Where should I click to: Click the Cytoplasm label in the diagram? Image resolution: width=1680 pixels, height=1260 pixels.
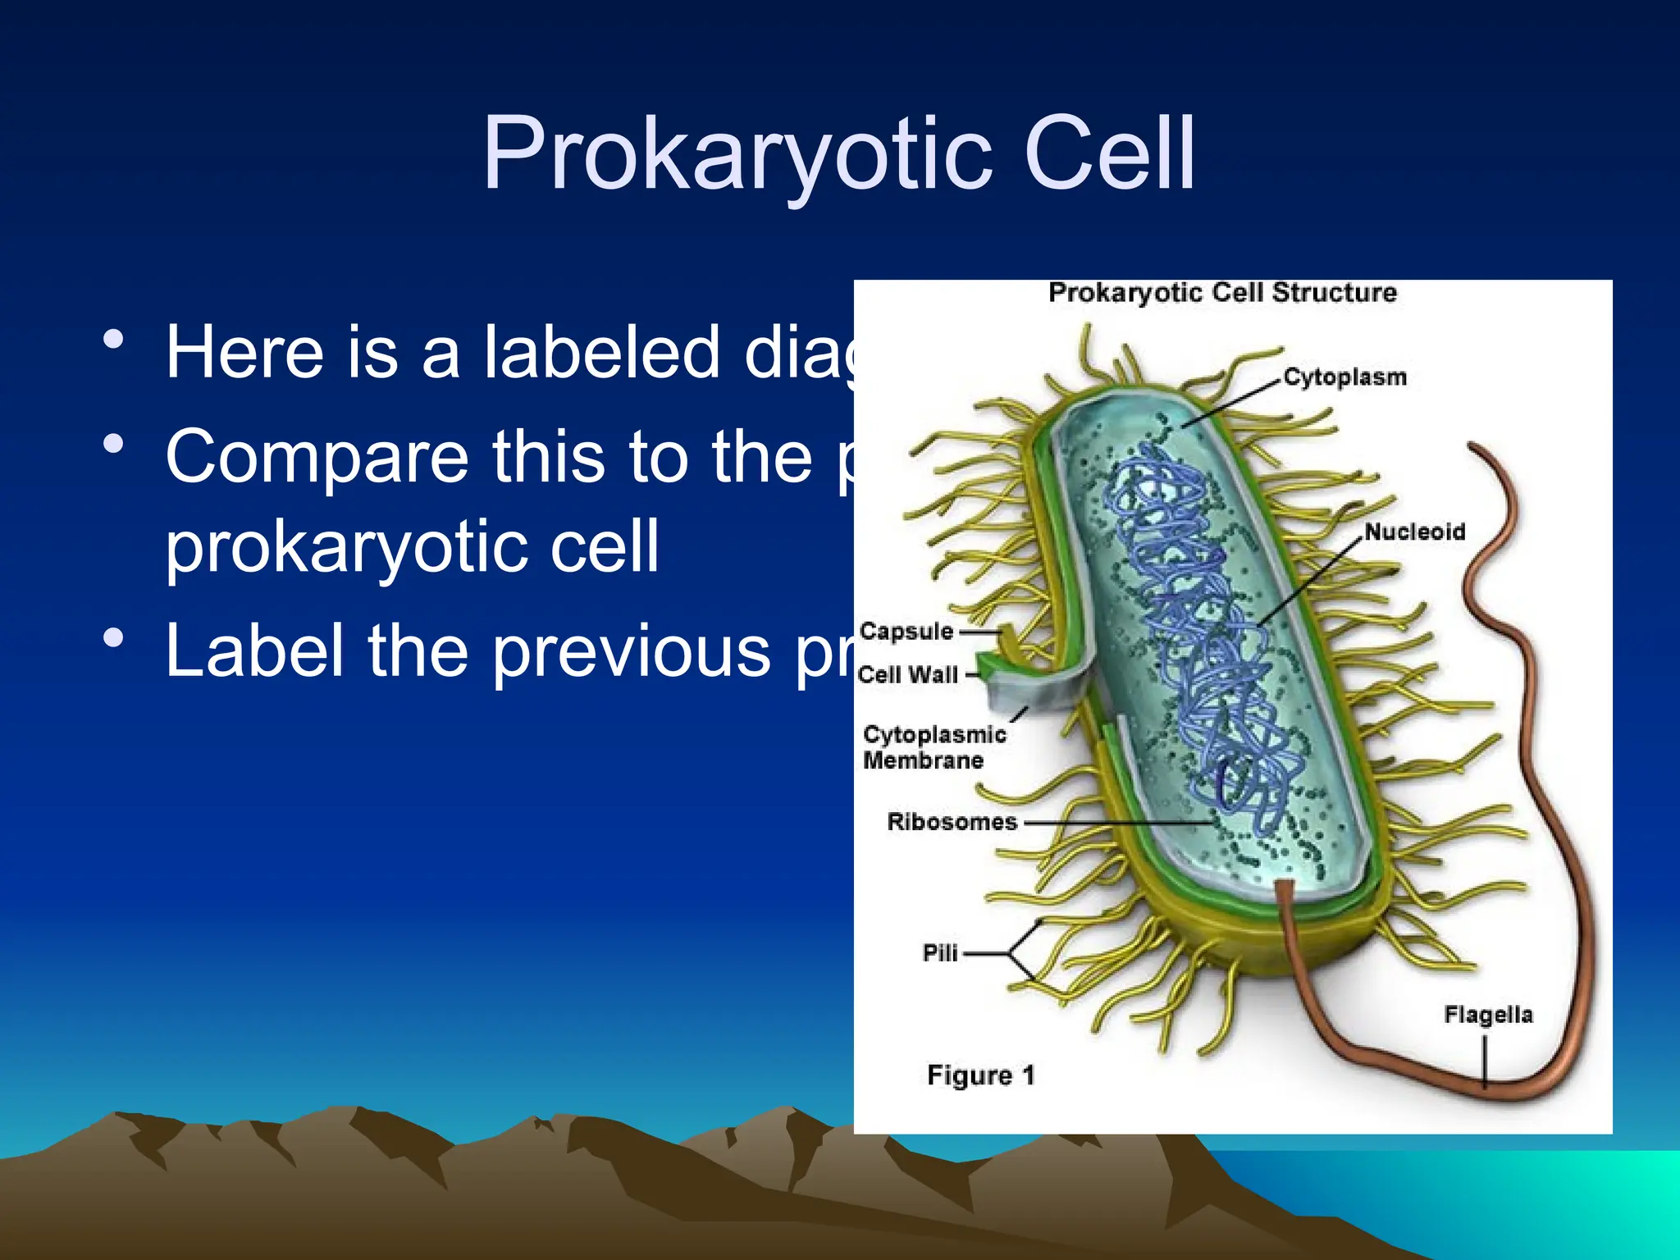click(x=1344, y=377)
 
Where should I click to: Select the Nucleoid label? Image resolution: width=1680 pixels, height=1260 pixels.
click(x=1414, y=532)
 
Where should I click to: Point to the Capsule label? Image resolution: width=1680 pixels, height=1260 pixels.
click(x=906, y=632)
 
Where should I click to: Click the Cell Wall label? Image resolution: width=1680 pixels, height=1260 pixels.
click(x=907, y=675)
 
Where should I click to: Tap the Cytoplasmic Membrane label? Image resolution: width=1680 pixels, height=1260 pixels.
click(x=934, y=747)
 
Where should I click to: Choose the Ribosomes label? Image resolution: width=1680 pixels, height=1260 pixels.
click(x=952, y=822)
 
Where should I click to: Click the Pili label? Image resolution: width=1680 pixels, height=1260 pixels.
click(x=940, y=953)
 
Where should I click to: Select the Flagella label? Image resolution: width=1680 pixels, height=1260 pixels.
click(x=1488, y=1015)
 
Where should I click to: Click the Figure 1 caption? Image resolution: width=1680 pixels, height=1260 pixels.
click(x=981, y=1075)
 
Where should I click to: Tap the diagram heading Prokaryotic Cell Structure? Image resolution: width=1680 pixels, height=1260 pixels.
click(x=1222, y=293)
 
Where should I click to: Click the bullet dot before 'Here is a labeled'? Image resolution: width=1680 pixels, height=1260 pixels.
click(x=114, y=339)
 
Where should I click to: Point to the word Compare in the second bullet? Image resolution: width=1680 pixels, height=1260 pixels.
click(x=317, y=457)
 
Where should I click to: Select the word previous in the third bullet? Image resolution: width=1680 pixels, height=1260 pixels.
click(x=632, y=651)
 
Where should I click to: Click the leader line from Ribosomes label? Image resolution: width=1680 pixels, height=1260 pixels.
click(x=1116, y=822)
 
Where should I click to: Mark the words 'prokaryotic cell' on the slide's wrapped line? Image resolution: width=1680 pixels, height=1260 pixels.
click(x=412, y=546)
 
